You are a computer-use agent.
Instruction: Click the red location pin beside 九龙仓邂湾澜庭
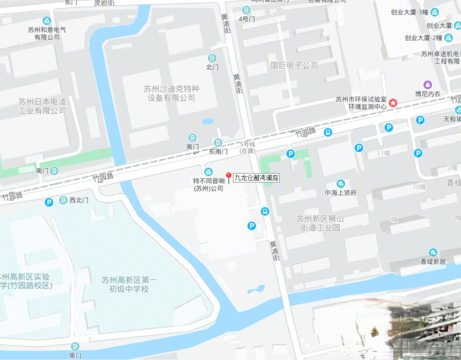point(229,177)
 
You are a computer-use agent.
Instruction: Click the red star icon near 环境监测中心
point(393,103)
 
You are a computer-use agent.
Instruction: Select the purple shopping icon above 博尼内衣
point(427,85)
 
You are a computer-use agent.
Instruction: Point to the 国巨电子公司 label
point(294,65)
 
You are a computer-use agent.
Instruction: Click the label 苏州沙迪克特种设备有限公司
point(171,93)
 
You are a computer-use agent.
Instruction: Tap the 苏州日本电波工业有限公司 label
point(42,106)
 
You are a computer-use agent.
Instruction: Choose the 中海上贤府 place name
point(341,193)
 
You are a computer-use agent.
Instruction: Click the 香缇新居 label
point(433,261)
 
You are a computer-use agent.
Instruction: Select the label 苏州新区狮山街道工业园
point(320,223)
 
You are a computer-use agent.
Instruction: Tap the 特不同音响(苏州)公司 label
point(208,185)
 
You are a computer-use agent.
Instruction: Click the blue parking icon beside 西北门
point(49,202)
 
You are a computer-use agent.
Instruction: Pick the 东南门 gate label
point(218,152)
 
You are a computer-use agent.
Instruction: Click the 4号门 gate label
point(246,19)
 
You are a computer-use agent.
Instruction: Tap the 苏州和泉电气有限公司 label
point(47,33)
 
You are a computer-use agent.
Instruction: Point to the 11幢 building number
point(383,153)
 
